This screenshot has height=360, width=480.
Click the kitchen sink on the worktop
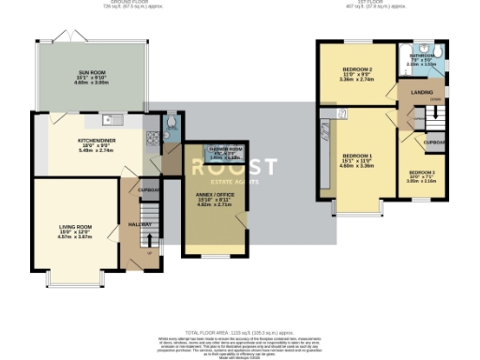coord(111,119)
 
